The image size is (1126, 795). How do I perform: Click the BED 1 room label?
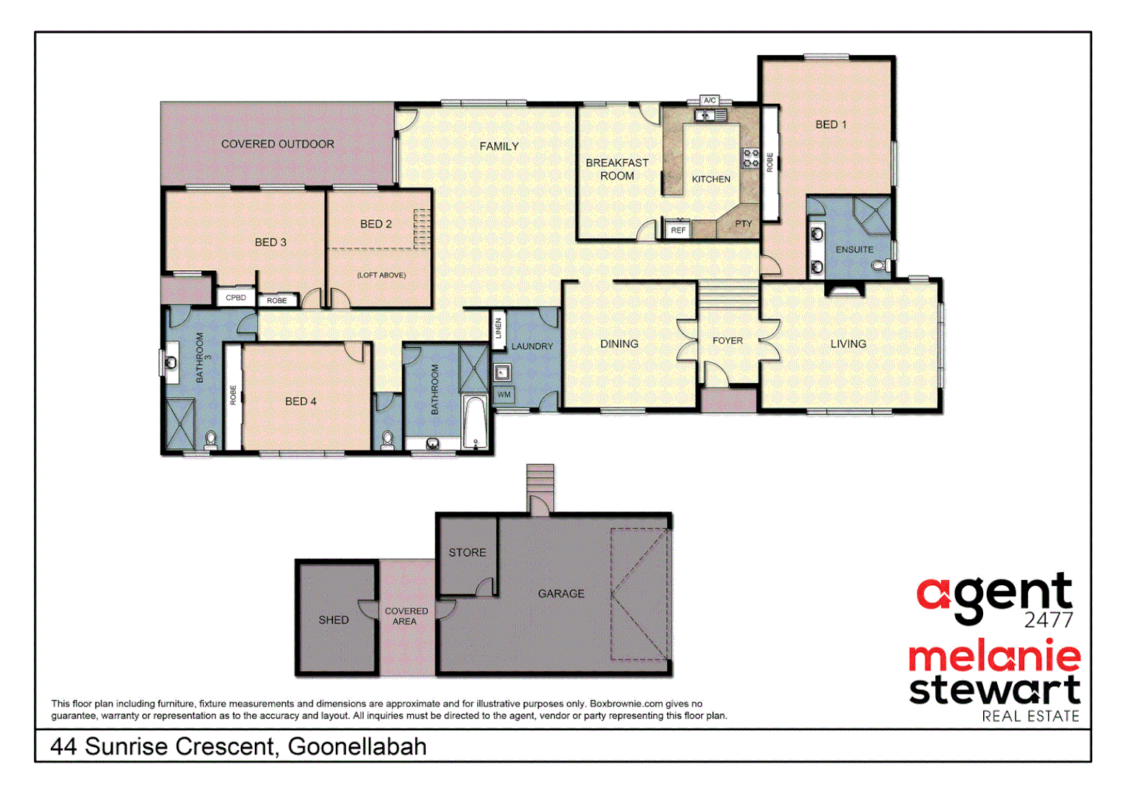click(x=831, y=124)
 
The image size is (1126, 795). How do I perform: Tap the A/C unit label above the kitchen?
click(x=709, y=100)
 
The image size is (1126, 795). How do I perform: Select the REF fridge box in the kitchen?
click(x=678, y=230)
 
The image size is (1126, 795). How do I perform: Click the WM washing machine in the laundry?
click(x=504, y=395)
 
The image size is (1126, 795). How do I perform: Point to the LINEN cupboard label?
click(x=499, y=328)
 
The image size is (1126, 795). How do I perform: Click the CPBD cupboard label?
click(x=236, y=297)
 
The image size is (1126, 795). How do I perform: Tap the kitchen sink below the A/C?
click(x=711, y=115)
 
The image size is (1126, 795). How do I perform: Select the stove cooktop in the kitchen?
click(x=750, y=158)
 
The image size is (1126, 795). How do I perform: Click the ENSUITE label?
click(x=854, y=250)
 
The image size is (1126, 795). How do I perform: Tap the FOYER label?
click(x=728, y=341)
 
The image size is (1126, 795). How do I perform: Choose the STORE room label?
click(x=467, y=552)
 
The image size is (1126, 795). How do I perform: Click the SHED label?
click(x=334, y=620)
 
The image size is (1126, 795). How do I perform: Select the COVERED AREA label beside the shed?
click(x=406, y=616)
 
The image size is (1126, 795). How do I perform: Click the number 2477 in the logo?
click(x=1048, y=620)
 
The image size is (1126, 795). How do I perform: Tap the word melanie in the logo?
click(x=994, y=656)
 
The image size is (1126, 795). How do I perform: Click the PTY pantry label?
click(x=743, y=224)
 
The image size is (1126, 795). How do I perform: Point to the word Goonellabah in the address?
click(x=357, y=746)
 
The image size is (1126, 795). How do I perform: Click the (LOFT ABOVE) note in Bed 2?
click(x=381, y=275)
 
